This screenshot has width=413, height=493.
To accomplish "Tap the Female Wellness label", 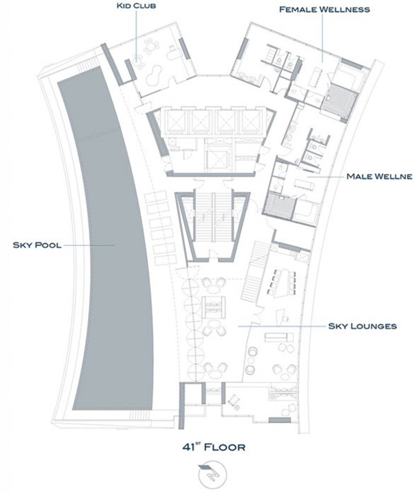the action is pyautogui.click(x=324, y=10).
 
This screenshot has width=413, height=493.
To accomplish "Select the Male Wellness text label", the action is pyautogui.click(x=379, y=176).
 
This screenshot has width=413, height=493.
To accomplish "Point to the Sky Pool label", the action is pyautogui.click(x=37, y=245).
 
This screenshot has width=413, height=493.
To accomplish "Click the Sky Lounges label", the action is pyautogui.click(x=362, y=326).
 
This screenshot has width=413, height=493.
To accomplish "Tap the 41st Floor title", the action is pyautogui.click(x=213, y=446).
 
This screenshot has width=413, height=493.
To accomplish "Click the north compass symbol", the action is pyautogui.click(x=213, y=472).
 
